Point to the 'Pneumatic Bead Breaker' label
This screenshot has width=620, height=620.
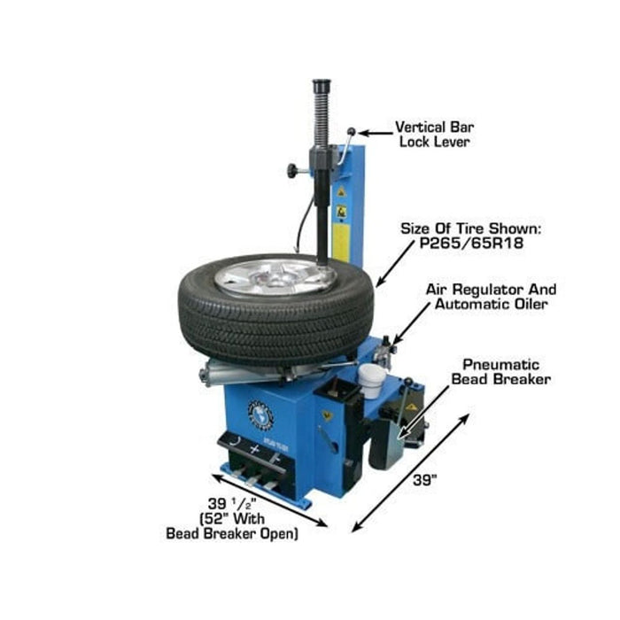[501, 371]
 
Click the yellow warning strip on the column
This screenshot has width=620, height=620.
[341, 226]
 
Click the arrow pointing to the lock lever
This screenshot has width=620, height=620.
[372, 133]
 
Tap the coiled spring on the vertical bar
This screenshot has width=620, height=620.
[321, 124]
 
